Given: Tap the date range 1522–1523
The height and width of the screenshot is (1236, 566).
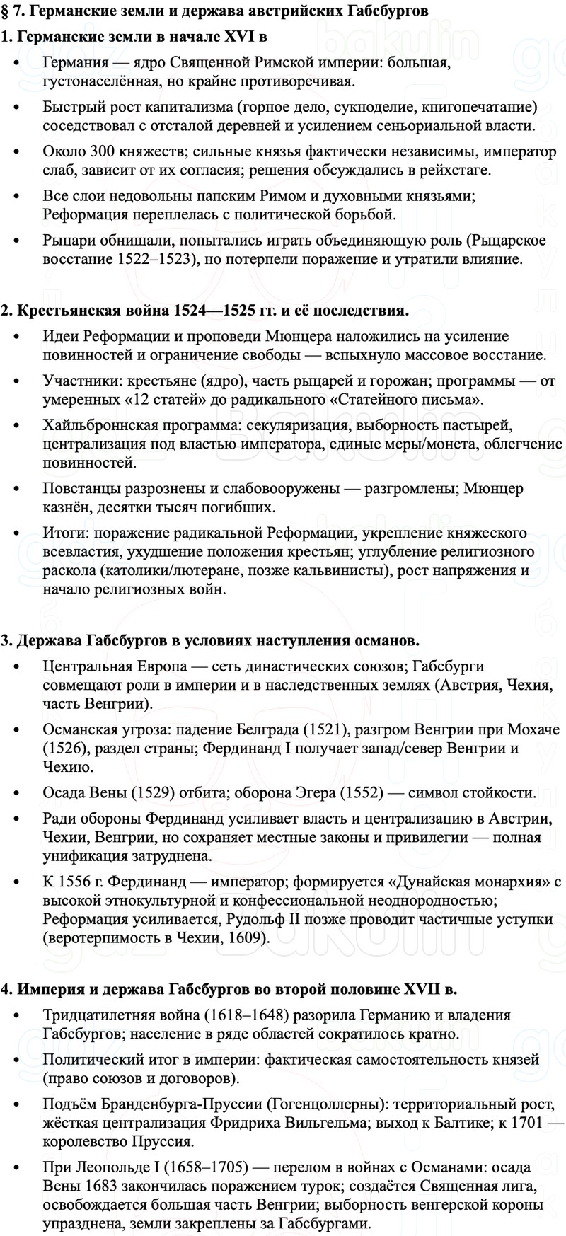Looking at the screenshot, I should pyautogui.click(x=155, y=259).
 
